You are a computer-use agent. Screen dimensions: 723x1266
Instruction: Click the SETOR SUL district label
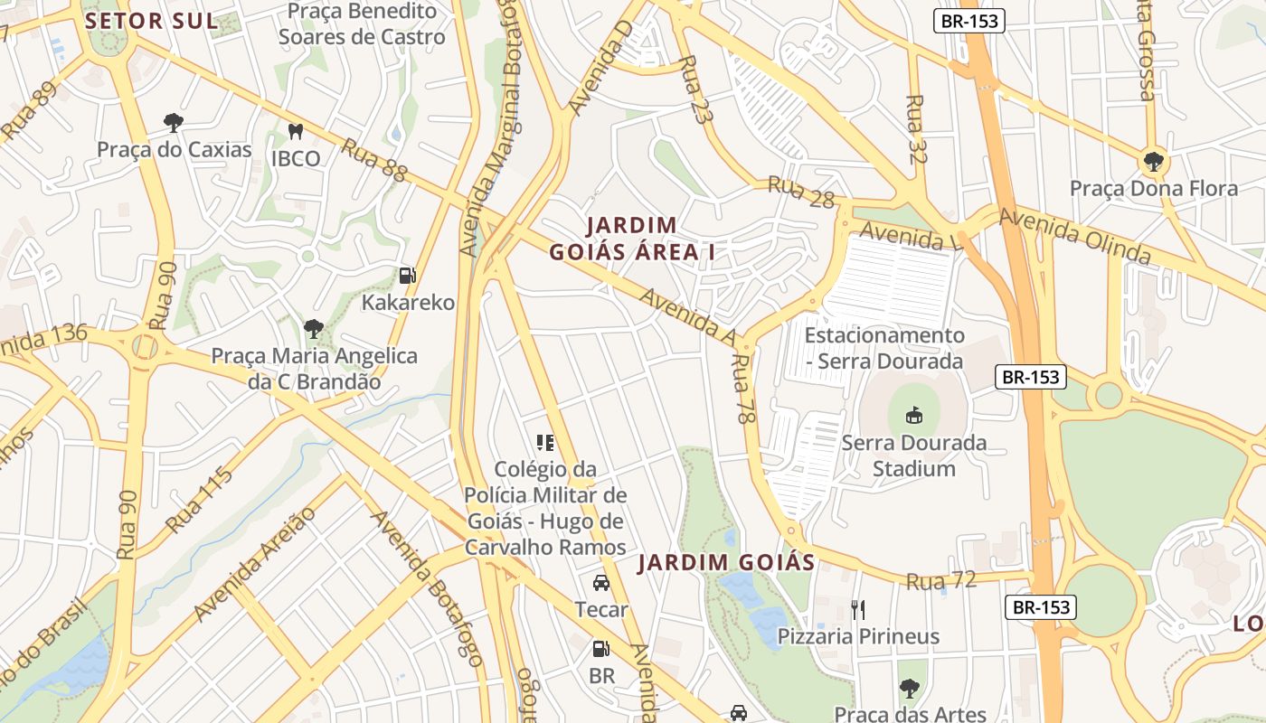[x=152, y=22]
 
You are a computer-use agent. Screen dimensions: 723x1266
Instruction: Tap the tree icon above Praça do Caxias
[x=174, y=122]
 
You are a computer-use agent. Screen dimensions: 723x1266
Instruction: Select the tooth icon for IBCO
[x=295, y=132]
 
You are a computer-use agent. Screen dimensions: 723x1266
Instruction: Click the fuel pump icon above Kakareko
[x=408, y=275]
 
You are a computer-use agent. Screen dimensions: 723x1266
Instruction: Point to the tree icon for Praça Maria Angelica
[x=314, y=328]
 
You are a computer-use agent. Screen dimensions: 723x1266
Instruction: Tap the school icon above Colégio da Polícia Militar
[x=545, y=442]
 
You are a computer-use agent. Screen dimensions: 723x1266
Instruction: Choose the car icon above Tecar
[x=601, y=583]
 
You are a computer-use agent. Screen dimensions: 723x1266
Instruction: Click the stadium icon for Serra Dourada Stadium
[x=914, y=416]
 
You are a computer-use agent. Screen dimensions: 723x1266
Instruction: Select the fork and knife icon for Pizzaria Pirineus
[x=857, y=609]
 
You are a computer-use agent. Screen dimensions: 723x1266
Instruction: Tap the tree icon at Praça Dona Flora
[x=1153, y=162]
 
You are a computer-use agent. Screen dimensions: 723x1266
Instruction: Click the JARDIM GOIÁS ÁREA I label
[x=632, y=239]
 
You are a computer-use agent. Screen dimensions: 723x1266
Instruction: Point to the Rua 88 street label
[x=374, y=160]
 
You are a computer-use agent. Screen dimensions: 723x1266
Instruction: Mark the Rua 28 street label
[x=801, y=192]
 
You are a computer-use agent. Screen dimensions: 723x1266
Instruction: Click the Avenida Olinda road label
[x=1075, y=237]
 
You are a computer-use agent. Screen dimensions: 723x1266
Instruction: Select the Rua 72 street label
[x=941, y=580]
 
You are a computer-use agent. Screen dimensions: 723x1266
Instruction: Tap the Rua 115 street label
[x=199, y=500]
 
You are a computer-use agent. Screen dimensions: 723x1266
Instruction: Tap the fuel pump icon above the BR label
[x=601, y=649]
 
